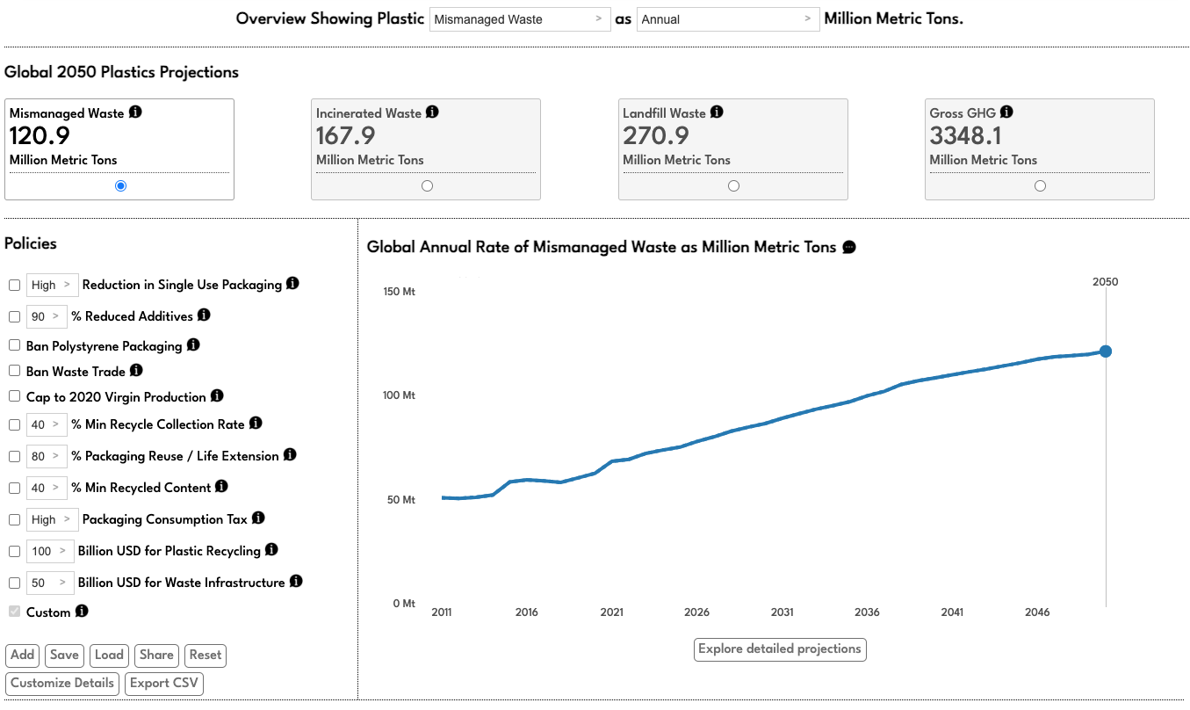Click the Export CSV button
(x=164, y=684)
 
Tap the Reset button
(x=206, y=656)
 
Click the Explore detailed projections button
(x=779, y=649)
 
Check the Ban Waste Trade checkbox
(x=14, y=371)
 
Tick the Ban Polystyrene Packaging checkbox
(x=14, y=345)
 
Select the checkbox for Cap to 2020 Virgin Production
(x=14, y=396)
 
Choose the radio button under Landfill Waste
(x=733, y=185)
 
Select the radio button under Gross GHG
(x=1040, y=185)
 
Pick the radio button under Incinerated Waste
(x=427, y=185)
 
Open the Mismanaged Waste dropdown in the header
(x=519, y=19)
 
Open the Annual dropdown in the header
(x=727, y=19)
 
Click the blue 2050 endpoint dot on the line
(x=1106, y=351)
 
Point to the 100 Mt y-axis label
(x=399, y=395)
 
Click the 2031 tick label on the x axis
(x=782, y=612)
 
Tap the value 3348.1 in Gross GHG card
(x=966, y=136)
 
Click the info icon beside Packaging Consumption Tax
(x=258, y=518)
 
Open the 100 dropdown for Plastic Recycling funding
(x=50, y=552)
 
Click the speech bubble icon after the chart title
(x=849, y=248)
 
